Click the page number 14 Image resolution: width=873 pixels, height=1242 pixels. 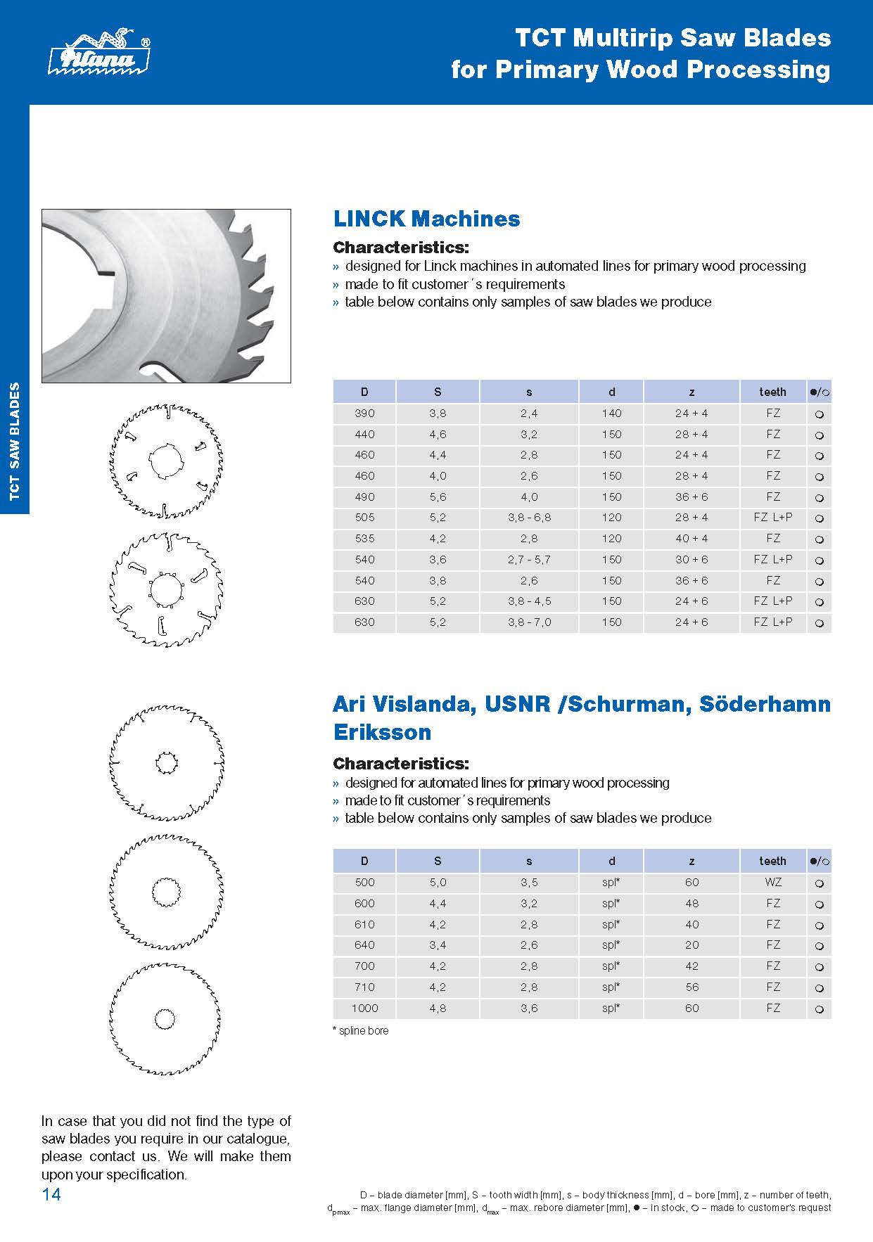(x=51, y=1194)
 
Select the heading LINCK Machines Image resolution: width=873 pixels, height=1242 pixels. (x=426, y=219)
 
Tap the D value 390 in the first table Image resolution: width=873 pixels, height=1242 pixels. (x=364, y=414)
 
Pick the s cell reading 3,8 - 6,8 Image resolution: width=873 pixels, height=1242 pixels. (x=529, y=518)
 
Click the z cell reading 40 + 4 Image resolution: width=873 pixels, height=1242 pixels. (x=692, y=539)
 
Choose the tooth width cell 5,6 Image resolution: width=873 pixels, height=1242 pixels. (x=438, y=497)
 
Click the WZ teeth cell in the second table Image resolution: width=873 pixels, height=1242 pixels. (x=773, y=883)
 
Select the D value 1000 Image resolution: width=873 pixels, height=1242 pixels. (x=364, y=1009)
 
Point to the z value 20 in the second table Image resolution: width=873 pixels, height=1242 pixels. (x=692, y=945)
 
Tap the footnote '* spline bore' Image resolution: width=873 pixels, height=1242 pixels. (x=360, y=1031)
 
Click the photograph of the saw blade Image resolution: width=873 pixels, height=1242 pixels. (x=166, y=295)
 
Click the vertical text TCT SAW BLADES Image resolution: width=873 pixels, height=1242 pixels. (x=15, y=441)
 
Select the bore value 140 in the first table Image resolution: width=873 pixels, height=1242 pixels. (x=611, y=414)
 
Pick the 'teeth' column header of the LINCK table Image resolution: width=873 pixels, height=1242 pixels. (x=772, y=392)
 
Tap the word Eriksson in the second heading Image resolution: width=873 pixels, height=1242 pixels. (x=382, y=732)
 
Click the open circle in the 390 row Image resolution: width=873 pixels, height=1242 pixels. (x=819, y=414)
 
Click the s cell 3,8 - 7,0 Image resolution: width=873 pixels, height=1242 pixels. (x=529, y=622)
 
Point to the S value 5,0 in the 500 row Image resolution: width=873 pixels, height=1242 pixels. (x=438, y=883)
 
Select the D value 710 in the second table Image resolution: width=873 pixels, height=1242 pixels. (x=364, y=987)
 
